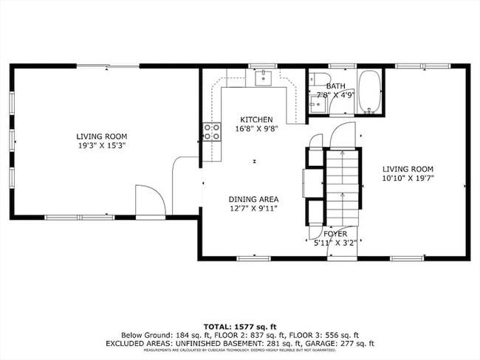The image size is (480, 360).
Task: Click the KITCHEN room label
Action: point(256,120)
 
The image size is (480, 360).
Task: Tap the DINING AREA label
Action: point(253,198)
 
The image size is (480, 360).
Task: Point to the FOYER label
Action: point(335,234)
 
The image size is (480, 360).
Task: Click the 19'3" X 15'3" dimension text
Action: point(102,145)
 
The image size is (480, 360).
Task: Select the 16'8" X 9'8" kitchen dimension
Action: point(256,128)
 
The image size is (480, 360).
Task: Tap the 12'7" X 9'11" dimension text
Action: point(253,207)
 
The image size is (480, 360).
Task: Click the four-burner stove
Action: point(211,131)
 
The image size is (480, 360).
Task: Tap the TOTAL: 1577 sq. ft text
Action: point(241,325)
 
